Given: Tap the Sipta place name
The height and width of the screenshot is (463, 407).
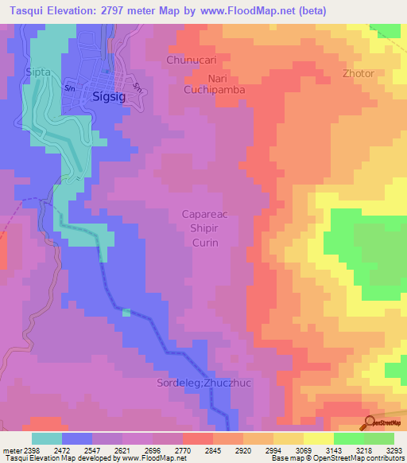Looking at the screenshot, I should [x=37, y=72].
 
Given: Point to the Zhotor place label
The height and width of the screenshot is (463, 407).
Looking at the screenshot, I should [x=358, y=73].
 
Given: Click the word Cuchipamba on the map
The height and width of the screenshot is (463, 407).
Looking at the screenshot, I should [x=216, y=91].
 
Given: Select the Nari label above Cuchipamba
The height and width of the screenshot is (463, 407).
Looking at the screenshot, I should [x=218, y=79].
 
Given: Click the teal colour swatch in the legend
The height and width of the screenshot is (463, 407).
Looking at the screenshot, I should [x=47, y=438].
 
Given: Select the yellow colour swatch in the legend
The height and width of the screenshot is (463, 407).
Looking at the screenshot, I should [x=318, y=438].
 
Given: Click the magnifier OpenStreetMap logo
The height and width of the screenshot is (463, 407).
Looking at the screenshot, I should [x=370, y=422].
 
